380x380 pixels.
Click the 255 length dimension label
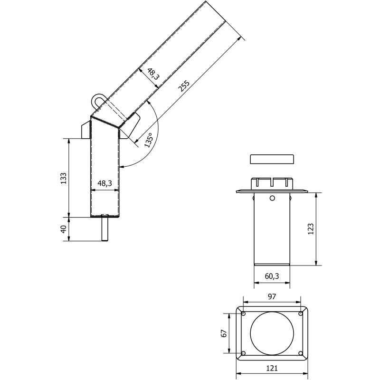(183, 85)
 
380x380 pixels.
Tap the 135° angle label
(148, 141)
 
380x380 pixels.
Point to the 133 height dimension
(63, 178)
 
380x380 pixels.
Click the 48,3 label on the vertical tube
(104, 183)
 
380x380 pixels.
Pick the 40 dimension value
(63, 229)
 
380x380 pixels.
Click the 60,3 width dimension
(272, 276)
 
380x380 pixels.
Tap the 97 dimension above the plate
(272, 296)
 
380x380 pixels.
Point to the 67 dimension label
(223, 333)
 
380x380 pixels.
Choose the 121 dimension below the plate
(272, 368)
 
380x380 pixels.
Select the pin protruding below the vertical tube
(105, 228)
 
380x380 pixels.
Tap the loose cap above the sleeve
(272, 159)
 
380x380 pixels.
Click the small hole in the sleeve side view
(272, 198)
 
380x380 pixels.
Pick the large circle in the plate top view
(272, 333)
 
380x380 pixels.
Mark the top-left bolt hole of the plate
(243, 313)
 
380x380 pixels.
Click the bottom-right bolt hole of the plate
(301, 353)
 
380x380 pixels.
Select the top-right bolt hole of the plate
(301, 313)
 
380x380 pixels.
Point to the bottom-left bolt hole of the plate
(243, 353)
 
